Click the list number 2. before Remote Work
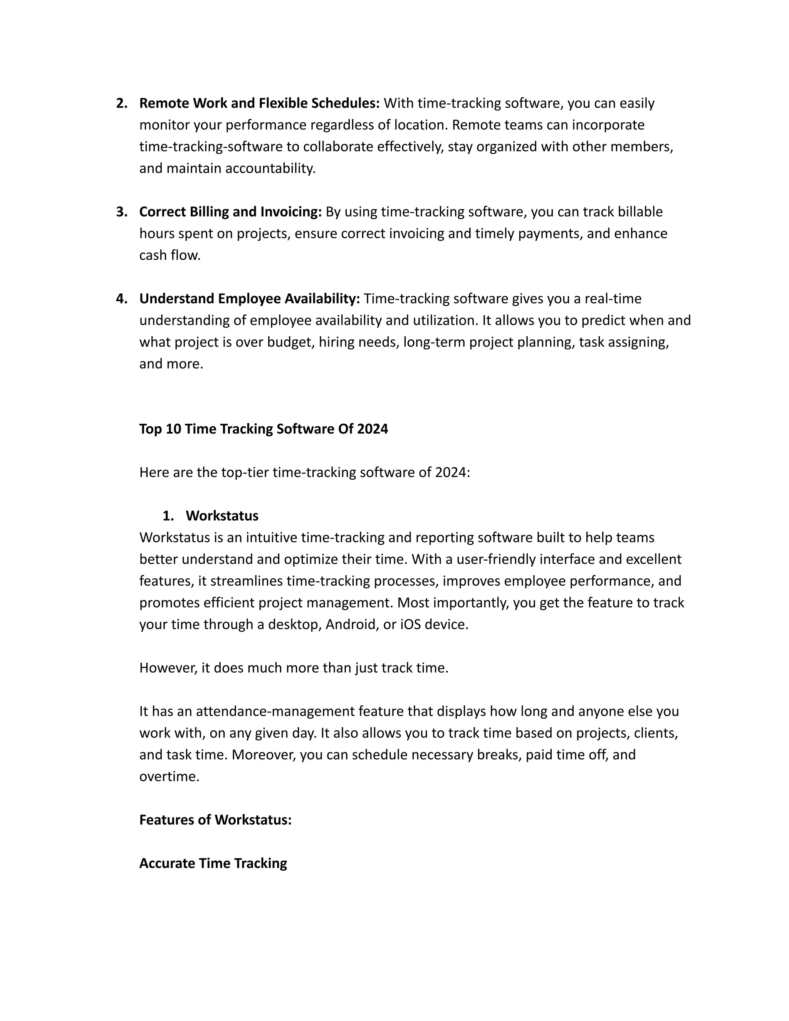click(121, 103)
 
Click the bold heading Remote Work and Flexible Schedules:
click(259, 103)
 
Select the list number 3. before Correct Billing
click(121, 212)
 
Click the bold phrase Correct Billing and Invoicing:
click(230, 212)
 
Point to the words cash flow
click(170, 255)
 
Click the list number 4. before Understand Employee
click(121, 299)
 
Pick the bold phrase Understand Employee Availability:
click(250, 299)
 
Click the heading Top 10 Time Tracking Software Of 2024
click(264, 429)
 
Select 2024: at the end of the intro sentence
click(452, 473)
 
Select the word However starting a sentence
click(168, 668)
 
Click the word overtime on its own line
click(169, 776)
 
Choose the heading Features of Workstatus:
click(215, 820)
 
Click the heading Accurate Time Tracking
click(213, 863)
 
